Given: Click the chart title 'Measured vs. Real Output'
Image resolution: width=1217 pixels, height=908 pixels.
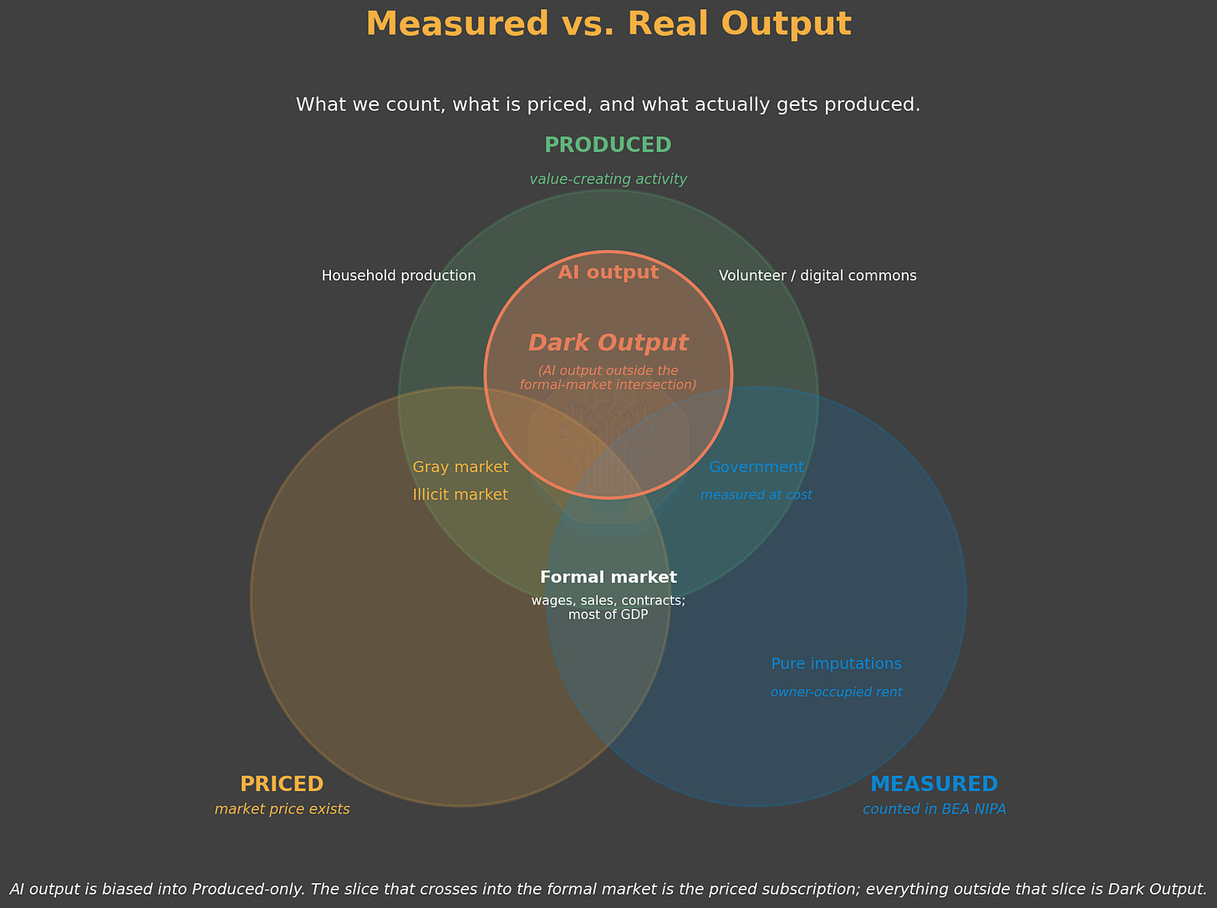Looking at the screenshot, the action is [608, 24].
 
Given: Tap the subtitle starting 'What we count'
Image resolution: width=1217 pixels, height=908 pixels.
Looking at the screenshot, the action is [608, 104].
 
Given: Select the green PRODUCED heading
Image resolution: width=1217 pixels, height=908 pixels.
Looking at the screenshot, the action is [608, 145].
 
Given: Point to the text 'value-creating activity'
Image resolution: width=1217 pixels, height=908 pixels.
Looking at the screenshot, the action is [608, 179].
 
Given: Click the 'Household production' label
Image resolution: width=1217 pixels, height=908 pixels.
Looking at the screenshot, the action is [399, 276].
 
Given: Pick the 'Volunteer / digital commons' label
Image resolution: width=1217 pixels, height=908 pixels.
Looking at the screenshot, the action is [817, 276].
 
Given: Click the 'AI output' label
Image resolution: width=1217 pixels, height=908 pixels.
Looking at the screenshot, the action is [608, 272].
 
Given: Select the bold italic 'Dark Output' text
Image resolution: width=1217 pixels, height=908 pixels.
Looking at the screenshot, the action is [608, 343].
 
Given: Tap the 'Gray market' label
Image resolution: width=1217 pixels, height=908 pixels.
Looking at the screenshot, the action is [461, 467].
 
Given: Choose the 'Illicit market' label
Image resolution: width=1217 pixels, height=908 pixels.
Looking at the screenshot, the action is [461, 495].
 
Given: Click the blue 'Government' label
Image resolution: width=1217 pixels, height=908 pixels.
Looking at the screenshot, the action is [756, 467].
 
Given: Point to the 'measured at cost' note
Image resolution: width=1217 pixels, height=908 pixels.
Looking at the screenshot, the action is [756, 495].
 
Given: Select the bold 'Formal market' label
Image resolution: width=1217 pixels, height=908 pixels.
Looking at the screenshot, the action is [608, 577].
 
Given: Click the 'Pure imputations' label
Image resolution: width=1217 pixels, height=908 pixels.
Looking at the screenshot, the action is [837, 664].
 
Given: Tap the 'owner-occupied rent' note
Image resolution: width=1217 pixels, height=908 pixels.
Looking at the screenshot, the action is [837, 692].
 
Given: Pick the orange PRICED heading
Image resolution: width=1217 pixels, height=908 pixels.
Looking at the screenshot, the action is [282, 784].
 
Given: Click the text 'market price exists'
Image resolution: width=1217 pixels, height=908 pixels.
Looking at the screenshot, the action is [283, 809].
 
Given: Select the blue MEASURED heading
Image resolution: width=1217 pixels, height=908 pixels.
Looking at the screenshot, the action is [934, 784].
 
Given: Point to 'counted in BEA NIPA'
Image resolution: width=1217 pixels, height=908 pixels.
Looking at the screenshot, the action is [934, 809].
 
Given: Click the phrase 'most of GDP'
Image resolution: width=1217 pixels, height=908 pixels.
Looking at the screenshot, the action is [608, 615].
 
